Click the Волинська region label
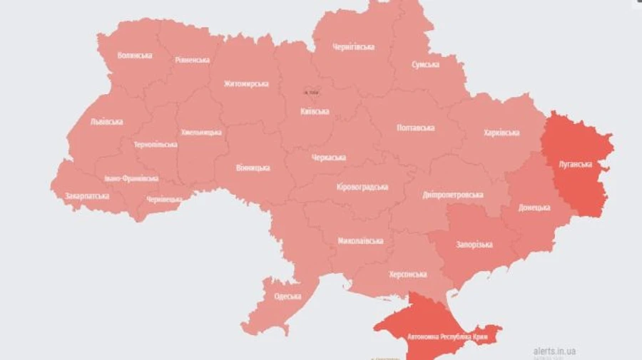pos(134,56)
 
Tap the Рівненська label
pos(192,60)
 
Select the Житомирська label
pos(245,83)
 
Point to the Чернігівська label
pos(353,47)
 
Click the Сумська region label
pos(425,64)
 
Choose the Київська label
pos(315,111)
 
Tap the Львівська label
pos(106,121)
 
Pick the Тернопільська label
pos(155,144)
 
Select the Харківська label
pos(501,133)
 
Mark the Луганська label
pos(575,164)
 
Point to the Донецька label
pos(534,207)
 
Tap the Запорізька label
pos(474,245)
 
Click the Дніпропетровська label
pos(452,195)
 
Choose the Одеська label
pos(287,296)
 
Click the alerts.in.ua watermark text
pos(554,351)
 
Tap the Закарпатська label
pos(87,195)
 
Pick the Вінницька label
pos(253,168)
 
